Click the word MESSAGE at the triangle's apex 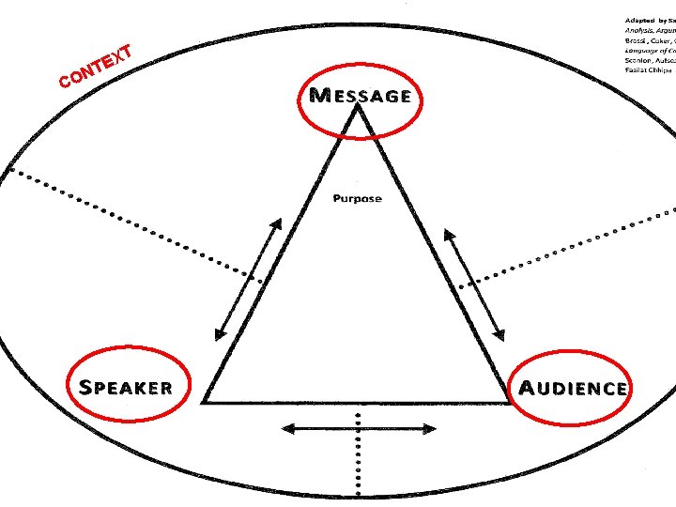pyautogui.click(x=360, y=95)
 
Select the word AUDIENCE pyautogui.click(x=573, y=388)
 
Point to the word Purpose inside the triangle pyautogui.click(x=357, y=198)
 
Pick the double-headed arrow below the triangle pyautogui.click(x=360, y=428)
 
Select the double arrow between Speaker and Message pyautogui.click(x=248, y=279)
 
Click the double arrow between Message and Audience pyautogui.click(x=474, y=284)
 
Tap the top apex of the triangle pyautogui.click(x=357, y=105)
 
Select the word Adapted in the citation pyautogui.click(x=639, y=20)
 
